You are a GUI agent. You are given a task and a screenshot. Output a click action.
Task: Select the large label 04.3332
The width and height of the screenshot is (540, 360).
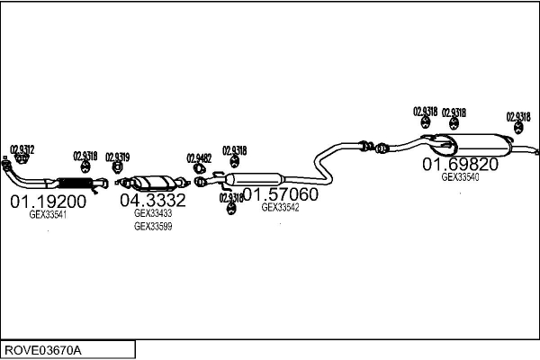pos(153,200)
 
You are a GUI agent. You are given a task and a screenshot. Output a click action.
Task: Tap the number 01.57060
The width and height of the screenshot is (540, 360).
pos(281,194)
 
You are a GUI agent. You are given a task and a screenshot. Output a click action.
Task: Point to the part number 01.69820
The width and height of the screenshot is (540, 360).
pos(461,164)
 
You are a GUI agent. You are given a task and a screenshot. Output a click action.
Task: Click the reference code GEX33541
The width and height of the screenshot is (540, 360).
pos(48,215)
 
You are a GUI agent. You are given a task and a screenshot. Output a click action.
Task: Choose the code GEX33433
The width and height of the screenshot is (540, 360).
pos(153,213)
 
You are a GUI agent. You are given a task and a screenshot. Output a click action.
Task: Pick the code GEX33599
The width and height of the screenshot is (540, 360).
pos(153,227)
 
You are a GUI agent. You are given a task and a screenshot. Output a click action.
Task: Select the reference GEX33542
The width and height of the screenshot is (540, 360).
pos(280,207)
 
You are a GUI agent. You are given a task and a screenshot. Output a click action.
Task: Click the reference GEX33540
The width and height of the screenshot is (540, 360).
pos(460,177)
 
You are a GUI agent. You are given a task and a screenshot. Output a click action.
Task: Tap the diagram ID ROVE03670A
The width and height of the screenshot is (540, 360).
pos(43,349)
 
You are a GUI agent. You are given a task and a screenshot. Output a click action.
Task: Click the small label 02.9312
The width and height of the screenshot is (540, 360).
pos(22,149)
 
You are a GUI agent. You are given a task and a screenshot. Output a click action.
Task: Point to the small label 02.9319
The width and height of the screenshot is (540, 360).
pos(117,156)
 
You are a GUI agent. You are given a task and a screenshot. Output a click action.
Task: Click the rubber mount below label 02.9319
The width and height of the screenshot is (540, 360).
pos(117,167)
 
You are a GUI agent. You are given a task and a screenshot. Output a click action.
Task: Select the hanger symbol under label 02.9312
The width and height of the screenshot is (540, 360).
pos(22,159)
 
